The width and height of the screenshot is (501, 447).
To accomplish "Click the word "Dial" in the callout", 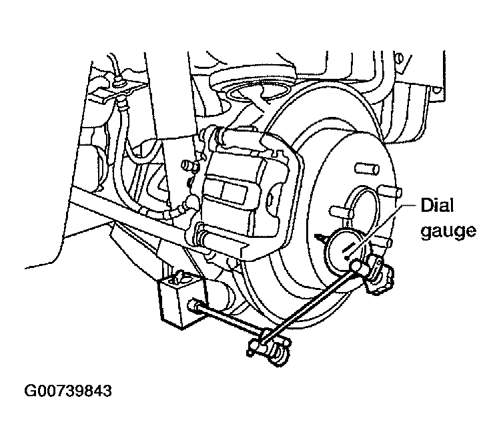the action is click(437, 205).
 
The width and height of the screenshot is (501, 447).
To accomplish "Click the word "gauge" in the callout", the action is click(448, 231).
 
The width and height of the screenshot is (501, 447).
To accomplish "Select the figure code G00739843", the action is click(68, 391).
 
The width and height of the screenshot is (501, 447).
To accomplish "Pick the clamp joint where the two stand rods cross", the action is click(269, 346).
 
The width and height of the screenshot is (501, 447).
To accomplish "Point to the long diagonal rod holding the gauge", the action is click(312, 299).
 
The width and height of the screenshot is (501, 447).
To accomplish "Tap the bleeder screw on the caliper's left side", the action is click(189, 166).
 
